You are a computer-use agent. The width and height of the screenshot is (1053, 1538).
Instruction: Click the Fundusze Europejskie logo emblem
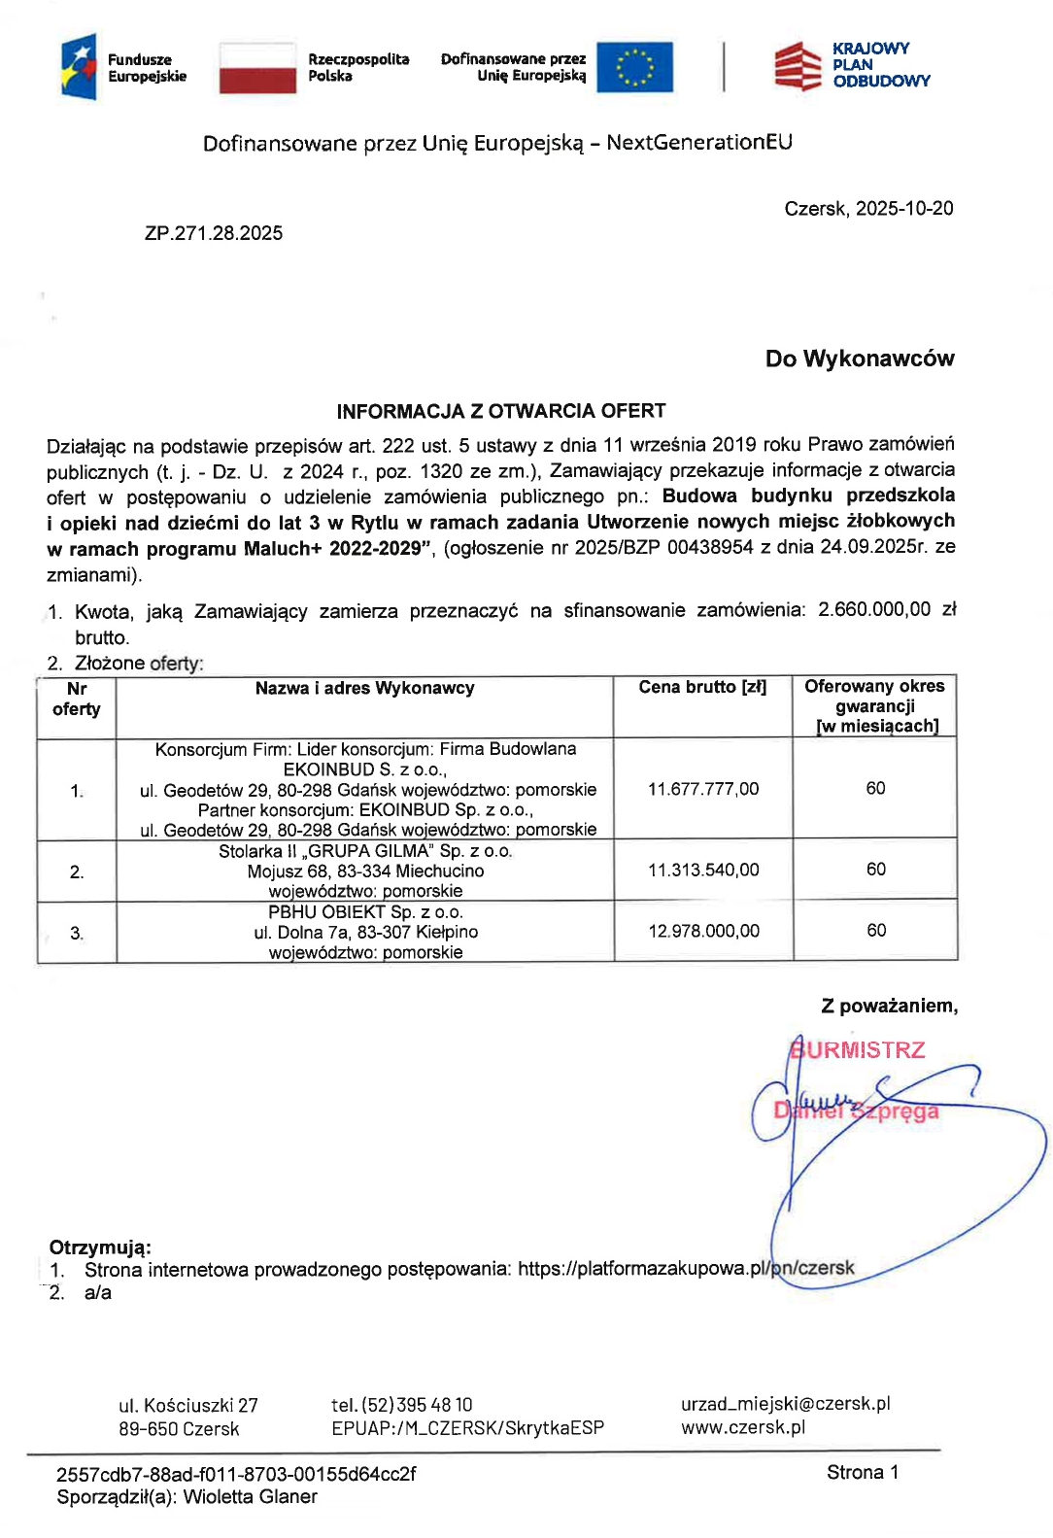coord(79,67)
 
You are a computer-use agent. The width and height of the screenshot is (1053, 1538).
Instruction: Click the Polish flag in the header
coord(257,68)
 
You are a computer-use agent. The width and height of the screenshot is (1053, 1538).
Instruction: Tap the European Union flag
coord(634,67)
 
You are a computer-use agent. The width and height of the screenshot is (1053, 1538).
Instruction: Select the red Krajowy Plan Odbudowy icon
coord(798,66)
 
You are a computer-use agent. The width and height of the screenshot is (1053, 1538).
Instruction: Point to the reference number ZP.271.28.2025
coord(214,233)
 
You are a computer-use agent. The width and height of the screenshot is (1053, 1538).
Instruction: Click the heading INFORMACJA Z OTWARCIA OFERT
coord(501,411)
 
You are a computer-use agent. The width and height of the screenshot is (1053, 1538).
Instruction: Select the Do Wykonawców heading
coord(859,359)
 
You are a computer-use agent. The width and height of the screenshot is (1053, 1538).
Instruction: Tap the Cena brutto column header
coord(702,688)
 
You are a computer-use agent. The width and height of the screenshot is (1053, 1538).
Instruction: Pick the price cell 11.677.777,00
coord(703,789)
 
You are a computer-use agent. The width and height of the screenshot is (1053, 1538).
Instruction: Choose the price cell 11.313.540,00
coord(703,870)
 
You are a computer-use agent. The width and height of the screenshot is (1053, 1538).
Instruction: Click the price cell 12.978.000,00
coord(703,931)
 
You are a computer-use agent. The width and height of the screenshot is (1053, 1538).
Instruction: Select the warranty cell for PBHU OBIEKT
coord(875,931)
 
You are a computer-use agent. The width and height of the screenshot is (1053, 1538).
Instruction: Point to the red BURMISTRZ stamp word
coord(857,1050)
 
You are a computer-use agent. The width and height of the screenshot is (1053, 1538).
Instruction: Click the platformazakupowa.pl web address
coord(686,1268)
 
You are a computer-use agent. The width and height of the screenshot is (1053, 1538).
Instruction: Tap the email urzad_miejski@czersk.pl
coord(785,1404)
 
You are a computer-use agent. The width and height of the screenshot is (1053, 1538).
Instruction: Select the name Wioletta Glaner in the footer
coord(250,1496)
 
